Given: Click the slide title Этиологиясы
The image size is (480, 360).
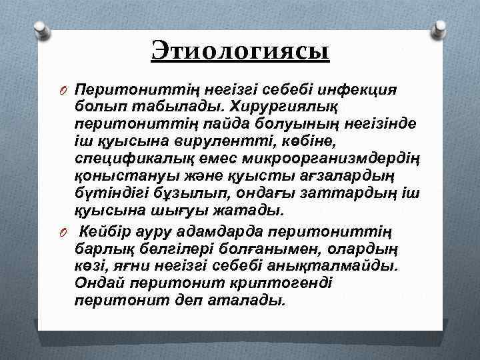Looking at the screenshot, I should pos(240,51).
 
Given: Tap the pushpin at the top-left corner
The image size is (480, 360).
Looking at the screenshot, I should pos(41,29).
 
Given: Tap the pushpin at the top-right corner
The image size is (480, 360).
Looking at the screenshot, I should pos(439,29).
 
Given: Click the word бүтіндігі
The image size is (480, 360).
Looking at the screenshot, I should pos(110,193).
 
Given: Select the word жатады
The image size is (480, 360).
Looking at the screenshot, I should pos(250,211).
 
